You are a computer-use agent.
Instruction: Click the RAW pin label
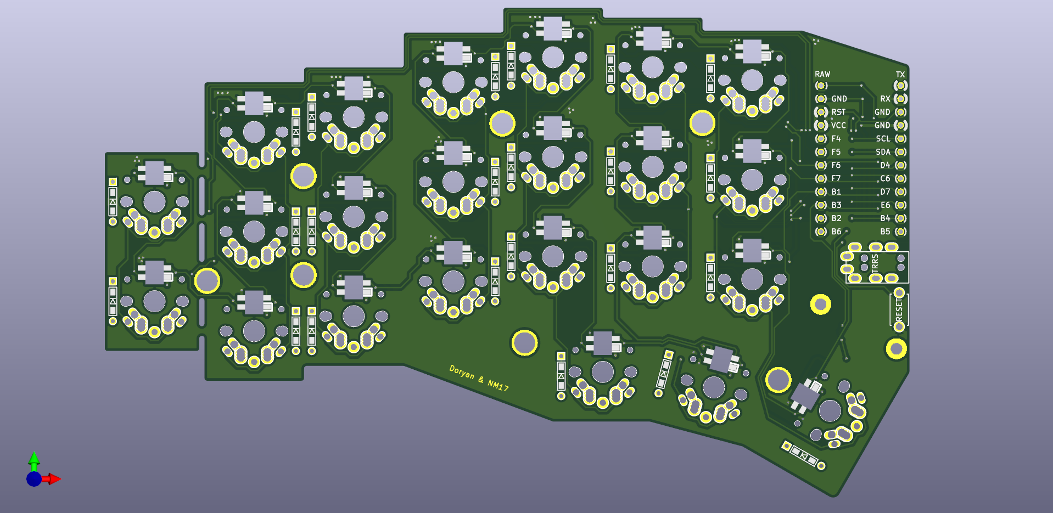pos(822,74)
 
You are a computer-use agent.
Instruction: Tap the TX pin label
pos(900,74)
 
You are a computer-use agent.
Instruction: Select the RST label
pos(838,112)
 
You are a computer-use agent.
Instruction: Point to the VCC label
pos(838,125)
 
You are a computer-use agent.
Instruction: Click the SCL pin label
pos(883,139)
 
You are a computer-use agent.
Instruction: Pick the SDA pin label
pos(883,152)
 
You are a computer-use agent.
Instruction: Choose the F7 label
pos(836,178)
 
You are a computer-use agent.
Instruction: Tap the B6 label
pos(836,232)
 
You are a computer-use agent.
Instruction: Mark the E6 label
pos(885,205)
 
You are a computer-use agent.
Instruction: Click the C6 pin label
pos(885,178)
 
